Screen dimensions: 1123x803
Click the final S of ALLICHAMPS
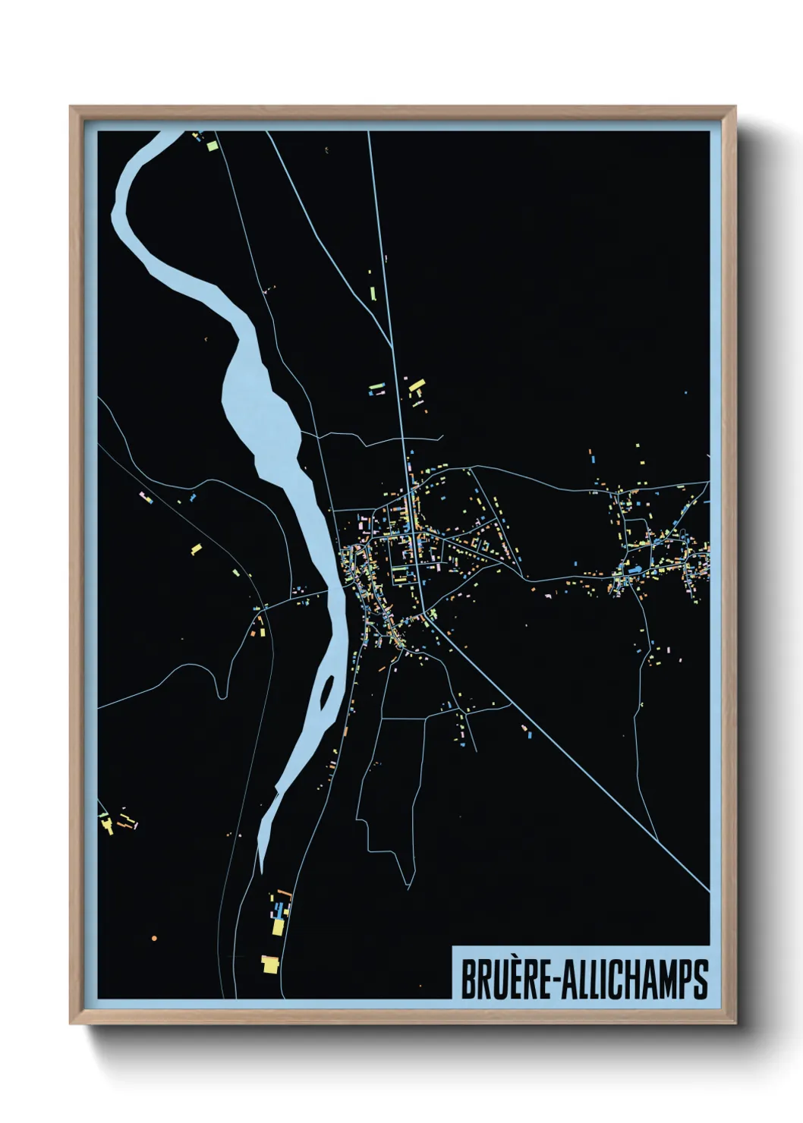(700, 980)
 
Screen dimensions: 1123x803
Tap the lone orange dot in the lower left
(154, 939)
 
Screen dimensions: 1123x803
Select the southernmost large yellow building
(269, 964)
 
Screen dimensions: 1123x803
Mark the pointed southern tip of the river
(261, 869)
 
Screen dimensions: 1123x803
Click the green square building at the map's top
(212, 143)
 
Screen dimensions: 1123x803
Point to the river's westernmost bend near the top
(116, 216)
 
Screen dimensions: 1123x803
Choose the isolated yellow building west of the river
(196, 548)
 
